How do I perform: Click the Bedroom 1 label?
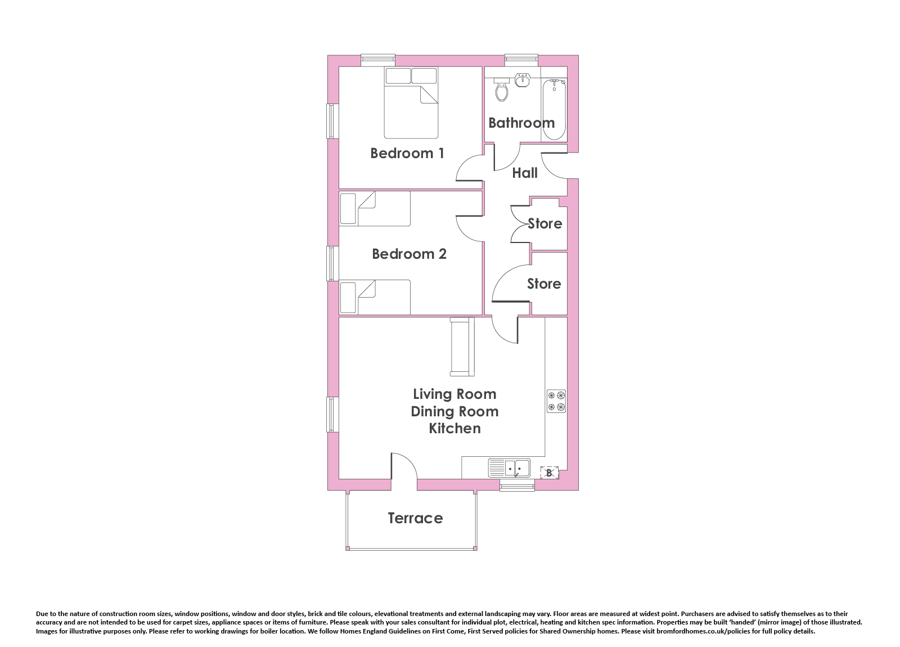pyautogui.click(x=407, y=153)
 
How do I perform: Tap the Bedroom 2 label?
pyautogui.click(x=409, y=254)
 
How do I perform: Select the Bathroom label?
pyautogui.click(x=521, y=123)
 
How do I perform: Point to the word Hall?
pyautogui.click(x=525, y=173)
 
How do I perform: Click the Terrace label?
pyautogui.click(x=416, y=518)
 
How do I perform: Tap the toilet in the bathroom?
pyautogui.click(x=501, y=89)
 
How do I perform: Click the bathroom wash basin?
pyautogui.click(x=523, y=80)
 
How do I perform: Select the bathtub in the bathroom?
pyautogui.click(x=554, y=110)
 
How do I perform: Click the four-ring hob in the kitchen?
pyautogui.click(x=556, y=401)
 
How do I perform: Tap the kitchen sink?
pyautogui.click(x=509, y=468)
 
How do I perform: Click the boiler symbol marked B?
pyautogui.click(x=549, y=473)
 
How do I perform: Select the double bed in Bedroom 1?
pyautogui.click(x=411, y=103)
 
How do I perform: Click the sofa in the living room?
pyautogui.click(x=462, y=347)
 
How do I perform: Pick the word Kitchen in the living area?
pyautogui.click(x=455, y=428)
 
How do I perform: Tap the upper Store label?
pyautogui.click(x=545, y=223)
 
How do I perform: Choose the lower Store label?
pyautogui.click(x=544, y=284)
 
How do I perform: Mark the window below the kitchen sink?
pyautogui.click(x=517, y=485)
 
